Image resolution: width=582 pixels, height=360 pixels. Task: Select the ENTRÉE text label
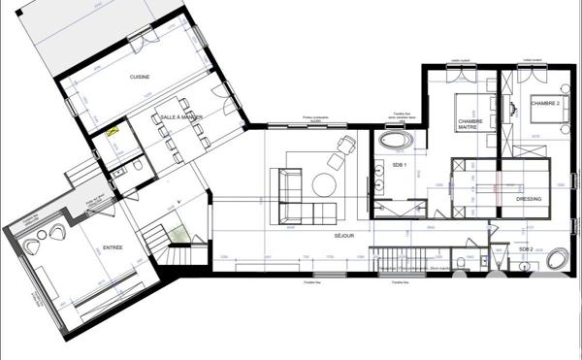pos(113,248)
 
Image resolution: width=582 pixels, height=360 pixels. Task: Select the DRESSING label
pos(529,199)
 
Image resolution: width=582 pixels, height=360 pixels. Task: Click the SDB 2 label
pos(525,249)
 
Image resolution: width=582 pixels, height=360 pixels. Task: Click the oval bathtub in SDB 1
pos(395,142)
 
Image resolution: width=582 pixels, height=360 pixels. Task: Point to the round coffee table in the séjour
pos(323,183)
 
